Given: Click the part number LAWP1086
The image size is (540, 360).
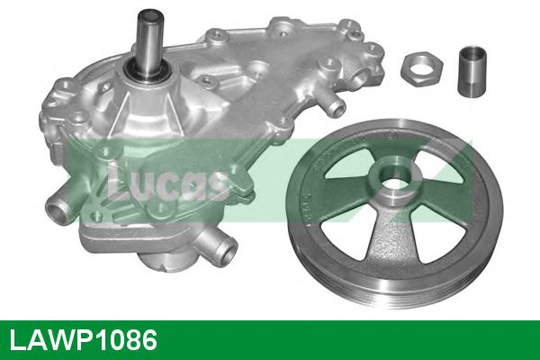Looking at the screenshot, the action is (x=84, y=339).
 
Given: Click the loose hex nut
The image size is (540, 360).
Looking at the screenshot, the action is (x=421, y=69).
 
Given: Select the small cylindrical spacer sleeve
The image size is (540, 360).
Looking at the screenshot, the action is (x=472, y=72).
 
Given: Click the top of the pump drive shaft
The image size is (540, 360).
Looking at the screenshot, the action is (x=149, y=14).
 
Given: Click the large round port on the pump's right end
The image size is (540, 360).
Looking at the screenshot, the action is (x=361, y=75).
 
